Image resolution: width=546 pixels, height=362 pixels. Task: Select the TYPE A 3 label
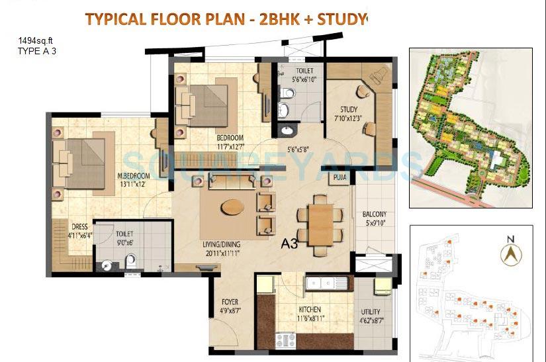coord(37,50)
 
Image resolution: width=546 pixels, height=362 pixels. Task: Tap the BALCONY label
coord(375,214)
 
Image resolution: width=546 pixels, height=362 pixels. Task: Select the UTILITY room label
coord(371,312)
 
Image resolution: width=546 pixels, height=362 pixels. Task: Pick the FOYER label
coord(229,302)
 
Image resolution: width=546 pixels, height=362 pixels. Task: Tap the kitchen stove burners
coord(286,341)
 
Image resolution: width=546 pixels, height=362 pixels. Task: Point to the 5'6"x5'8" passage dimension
coord(302,149)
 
